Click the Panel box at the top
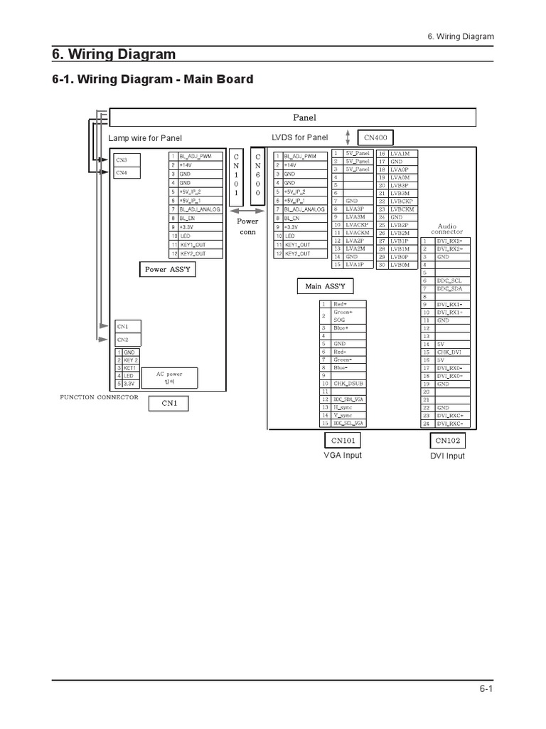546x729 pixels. (304, 117)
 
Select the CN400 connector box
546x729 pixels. (375, 137)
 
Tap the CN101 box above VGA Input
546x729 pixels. (343, 440)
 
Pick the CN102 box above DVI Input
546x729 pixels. (448, 440)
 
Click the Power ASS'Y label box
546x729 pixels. (168, 270)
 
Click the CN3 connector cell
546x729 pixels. (127, 161)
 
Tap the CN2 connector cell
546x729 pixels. (127, 340)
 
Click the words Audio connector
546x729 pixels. (446, 229)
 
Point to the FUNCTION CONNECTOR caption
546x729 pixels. (100, 397)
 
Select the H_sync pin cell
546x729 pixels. (351, 407)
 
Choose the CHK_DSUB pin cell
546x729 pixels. (351, 383)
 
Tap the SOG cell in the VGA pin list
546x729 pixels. (351, 320)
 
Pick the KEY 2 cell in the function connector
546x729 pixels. (131, 360)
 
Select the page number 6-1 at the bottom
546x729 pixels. (486, 689)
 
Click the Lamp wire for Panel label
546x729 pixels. (145, 138)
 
